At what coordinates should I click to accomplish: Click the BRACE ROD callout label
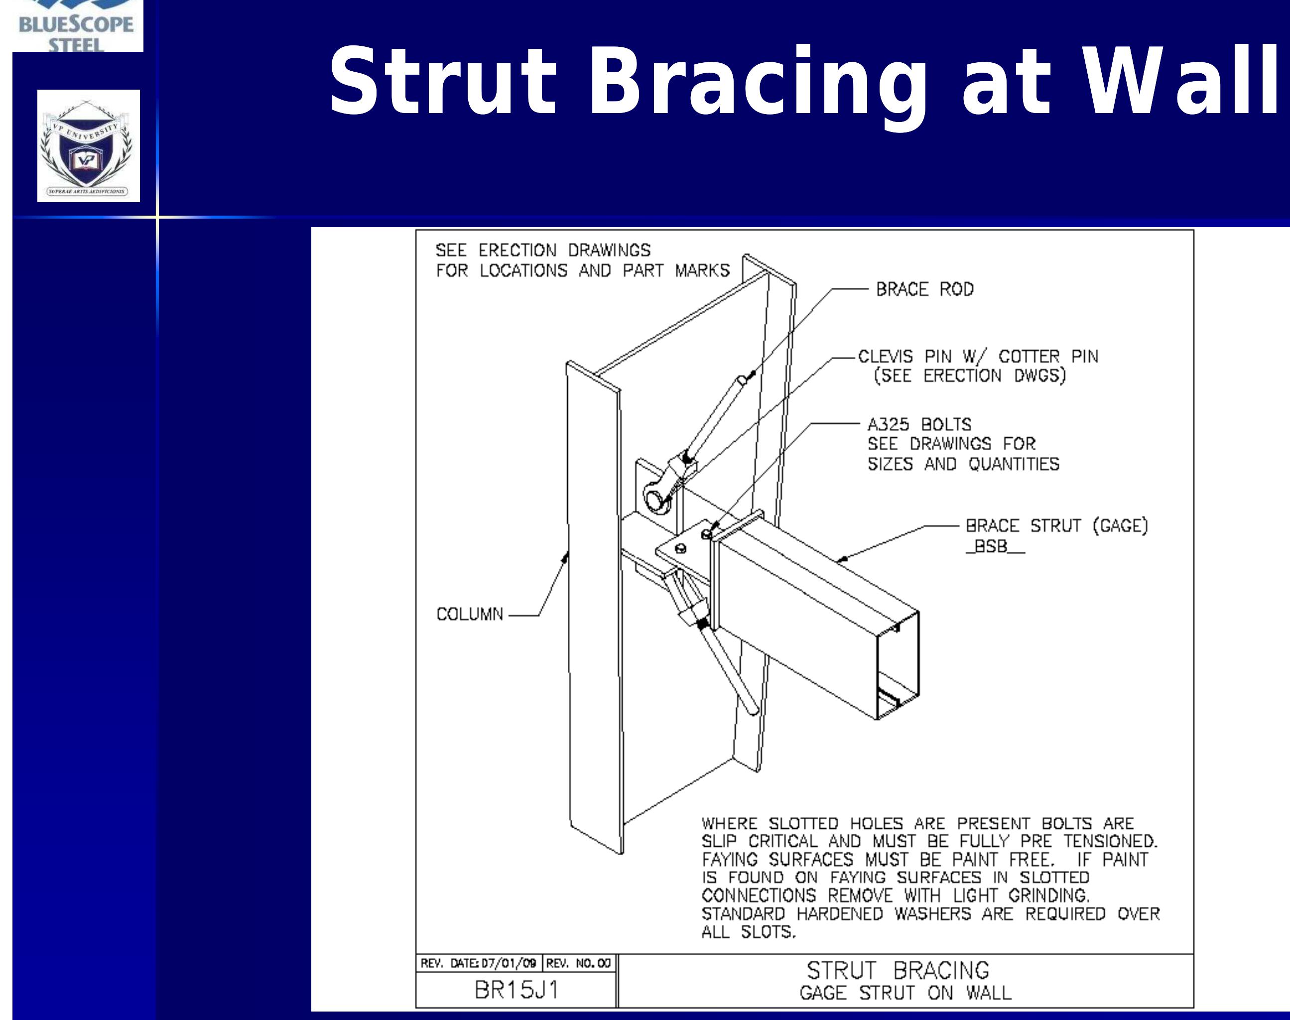click(x=924, y=290)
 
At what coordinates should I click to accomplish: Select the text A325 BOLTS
click(x=919, y=425)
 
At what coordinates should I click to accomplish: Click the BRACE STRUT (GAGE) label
click(x=1056, y=526)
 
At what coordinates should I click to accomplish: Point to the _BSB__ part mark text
click(x=994, y=546)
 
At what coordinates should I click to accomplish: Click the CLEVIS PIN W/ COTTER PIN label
click(x=978, y=357)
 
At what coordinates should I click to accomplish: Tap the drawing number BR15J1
click(x=516, y=991)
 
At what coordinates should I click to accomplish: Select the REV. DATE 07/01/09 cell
click(x=478, y=964)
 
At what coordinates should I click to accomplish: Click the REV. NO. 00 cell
click(x=578, y=964)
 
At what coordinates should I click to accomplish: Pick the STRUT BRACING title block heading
click(x=898, y=970)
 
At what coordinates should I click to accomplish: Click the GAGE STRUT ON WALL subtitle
click(x=905, y=993)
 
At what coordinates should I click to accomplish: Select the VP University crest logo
click(x=88, y=146)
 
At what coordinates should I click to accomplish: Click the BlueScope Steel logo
click(x=77, y=27)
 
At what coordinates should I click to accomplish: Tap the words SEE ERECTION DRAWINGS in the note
click(x=542, y=250)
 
